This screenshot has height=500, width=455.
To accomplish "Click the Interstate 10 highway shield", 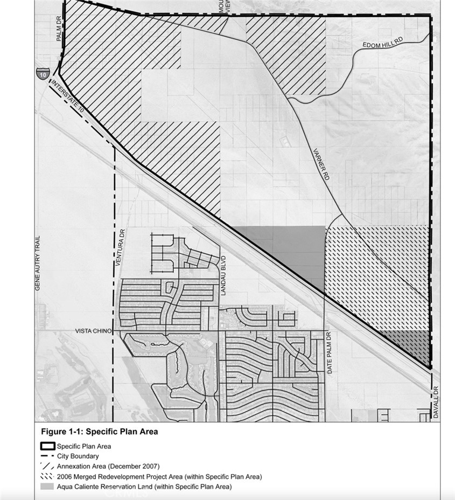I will [x=42, y=73].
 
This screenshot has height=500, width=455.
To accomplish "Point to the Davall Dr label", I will [x=436, y=402].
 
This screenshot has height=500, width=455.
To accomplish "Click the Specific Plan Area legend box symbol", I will [x=48, y=446].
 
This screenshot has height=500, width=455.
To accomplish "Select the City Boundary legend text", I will [x=79, y=456].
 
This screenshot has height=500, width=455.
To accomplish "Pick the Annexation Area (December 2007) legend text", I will [x=108, y=467].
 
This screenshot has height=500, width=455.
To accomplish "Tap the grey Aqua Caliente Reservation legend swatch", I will [x=48, y=487].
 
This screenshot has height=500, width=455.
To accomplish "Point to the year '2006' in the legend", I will [x=66, y=477].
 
